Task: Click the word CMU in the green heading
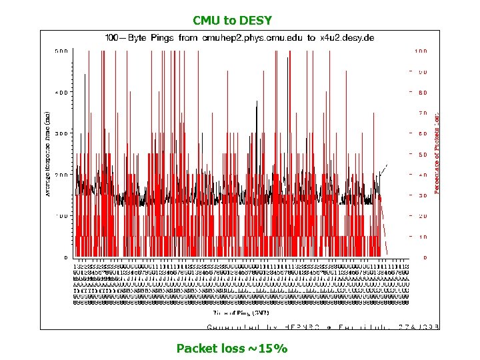(x=205, y=21)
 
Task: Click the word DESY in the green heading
(x=256, y=21)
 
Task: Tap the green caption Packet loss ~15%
(x=231, y=348)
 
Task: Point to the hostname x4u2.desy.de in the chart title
(x=347, y=38)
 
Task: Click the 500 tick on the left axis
(x=61, y=51)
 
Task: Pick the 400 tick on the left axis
(x=61, y=92)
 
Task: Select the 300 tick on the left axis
(x=61, y=133)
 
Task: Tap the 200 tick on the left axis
(x=61, y=175)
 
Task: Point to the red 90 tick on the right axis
(x=423, y=72)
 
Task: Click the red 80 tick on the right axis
(x=423, y=93)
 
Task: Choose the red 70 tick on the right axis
(x=423, y=113)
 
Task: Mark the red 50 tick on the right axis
(x=423, y=155)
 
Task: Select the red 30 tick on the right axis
(x=423, y=196)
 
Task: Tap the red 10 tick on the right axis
(x=423, y=237)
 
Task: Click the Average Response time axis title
(x=48, y=154)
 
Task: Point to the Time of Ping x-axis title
(x=241, y=311)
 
